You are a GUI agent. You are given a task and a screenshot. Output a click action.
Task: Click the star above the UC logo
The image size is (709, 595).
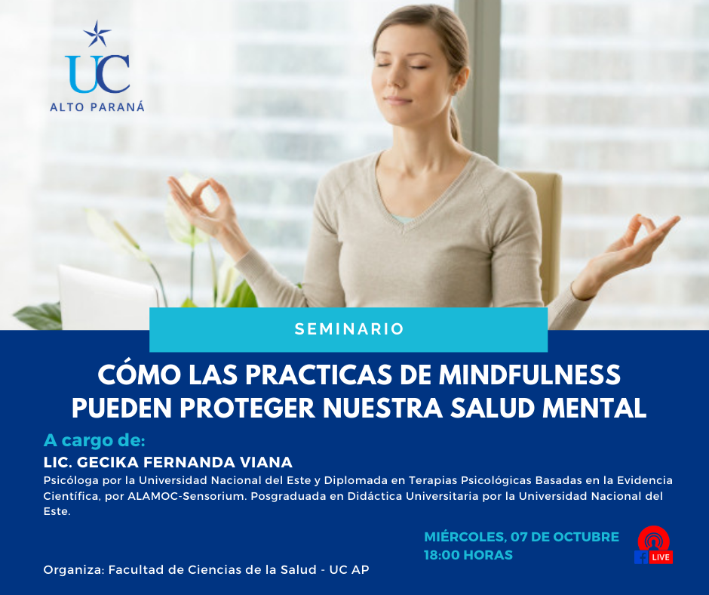point(97,34)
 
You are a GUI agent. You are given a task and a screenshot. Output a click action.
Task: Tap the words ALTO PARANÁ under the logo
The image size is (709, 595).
point(97,107)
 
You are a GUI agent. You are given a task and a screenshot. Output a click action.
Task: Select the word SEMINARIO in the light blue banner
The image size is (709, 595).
point(349,329)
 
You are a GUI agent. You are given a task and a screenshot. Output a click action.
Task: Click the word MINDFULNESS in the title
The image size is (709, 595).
point(529,375)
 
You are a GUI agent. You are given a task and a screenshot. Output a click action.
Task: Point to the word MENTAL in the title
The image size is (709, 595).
point(594,408)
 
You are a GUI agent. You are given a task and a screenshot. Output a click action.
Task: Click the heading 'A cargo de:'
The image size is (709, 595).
point(94,440)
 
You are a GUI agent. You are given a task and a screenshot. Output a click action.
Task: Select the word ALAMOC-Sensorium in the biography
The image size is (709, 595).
point(187,496)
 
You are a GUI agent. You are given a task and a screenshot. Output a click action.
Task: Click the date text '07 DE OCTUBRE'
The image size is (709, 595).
point(564,537)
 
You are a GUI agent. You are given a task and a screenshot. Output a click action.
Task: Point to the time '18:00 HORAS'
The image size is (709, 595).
point(468,555)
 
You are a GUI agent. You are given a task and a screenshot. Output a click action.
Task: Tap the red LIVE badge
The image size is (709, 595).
point(661,557)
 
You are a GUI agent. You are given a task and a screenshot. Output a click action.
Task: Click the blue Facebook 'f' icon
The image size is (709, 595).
point(641,557)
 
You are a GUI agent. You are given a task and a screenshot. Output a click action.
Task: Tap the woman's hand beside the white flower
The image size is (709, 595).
point(201,204)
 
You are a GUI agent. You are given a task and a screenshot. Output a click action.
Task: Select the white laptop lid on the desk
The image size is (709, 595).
point(108,297)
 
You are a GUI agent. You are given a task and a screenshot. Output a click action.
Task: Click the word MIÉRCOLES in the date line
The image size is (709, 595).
point(465,537)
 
